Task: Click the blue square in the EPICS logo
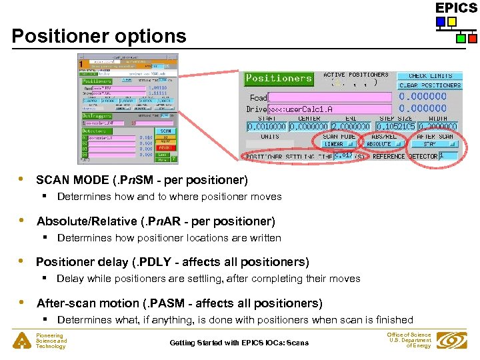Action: tap(441, 22)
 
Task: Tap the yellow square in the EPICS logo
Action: tap(452, 22)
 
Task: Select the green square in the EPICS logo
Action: tap(461, 39)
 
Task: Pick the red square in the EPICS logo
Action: tap(472, 39)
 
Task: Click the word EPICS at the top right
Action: tap(457, 8)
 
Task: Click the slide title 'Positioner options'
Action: tap(99, 36)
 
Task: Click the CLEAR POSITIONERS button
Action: tap(430, 85)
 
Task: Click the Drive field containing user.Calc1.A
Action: tap(329, 109)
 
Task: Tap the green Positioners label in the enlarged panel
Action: tap(279, 78)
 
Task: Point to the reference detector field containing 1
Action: tap(449, 156)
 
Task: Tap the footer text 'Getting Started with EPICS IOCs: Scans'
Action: tap(239, 343)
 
